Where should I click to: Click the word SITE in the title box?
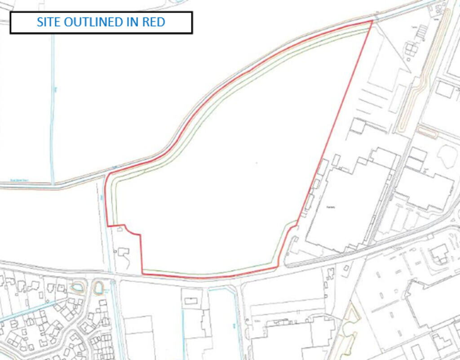48,22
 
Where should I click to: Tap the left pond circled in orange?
77,286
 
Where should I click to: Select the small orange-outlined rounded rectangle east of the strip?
428,132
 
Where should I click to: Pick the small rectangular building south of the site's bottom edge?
190,301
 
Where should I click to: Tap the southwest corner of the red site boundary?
142,273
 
